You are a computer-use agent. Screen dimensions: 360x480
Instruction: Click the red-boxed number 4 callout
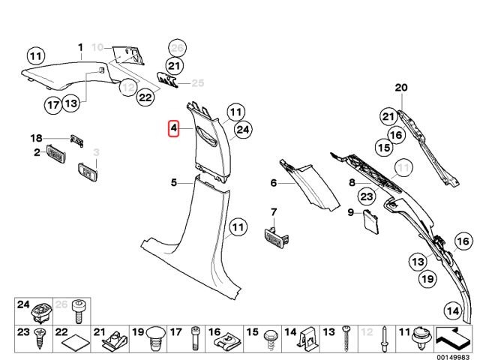pyautogui.click(x=173, y=130)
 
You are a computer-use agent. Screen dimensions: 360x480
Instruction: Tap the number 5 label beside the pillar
pyautogui.click(x=173, y=182)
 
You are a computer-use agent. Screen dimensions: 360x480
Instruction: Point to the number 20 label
pyautogui.click(x=400, y=88)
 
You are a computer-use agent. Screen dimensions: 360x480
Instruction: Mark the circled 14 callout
pyautogui.click(x=452, y=310)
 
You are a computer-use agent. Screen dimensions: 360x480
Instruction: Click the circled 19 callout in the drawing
pyautogui.click(x=426, y=279)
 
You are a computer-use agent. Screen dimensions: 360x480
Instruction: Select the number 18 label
pyautogui.click(x=37, y=139)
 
